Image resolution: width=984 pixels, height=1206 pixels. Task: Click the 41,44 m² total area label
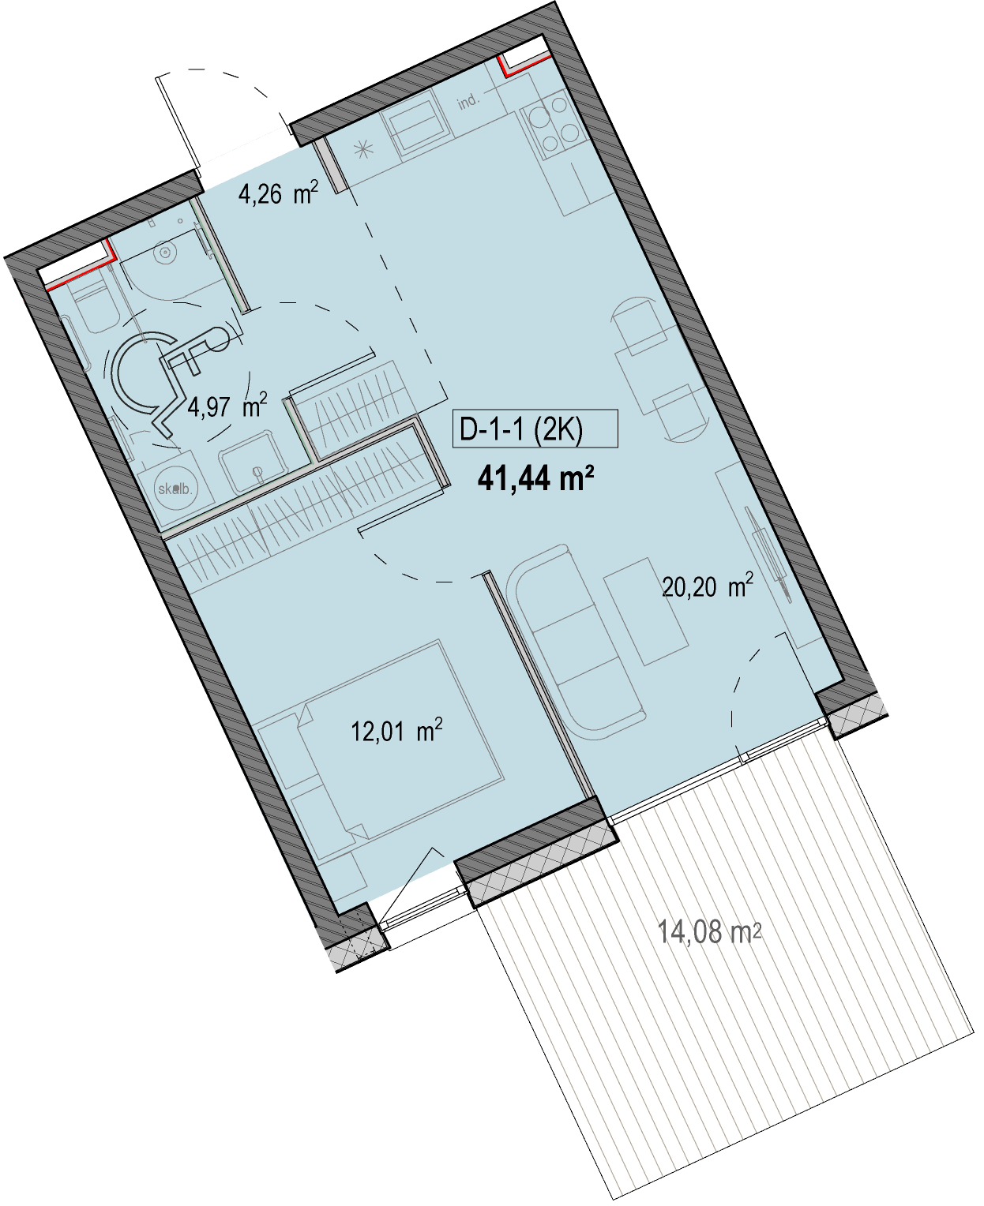pyautogui.click(x=535, y=479)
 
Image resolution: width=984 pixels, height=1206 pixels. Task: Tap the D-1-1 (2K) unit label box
pyautogui.click(x=535, y=429)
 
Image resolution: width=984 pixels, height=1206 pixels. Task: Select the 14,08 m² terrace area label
pyautogui.click(x=709, y=931)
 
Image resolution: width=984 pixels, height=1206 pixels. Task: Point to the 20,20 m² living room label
pyautogui.click(x=707, y=586)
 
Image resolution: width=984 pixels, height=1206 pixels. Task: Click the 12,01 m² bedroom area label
pyautogui.click(x=396, y=730)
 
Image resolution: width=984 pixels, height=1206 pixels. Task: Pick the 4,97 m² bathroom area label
pyautogui.click(x=227, y=406)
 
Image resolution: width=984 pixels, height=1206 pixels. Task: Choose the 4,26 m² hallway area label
pyautogui.click(x=278, y=193)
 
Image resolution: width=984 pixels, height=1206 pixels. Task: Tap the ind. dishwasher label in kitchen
pyautogui.click(x=468, y=103)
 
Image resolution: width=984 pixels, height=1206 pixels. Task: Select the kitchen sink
pyautogui.click(x=417, y=125)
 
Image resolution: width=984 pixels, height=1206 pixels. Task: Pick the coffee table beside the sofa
pyautogui.click(x=646, y=612)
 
